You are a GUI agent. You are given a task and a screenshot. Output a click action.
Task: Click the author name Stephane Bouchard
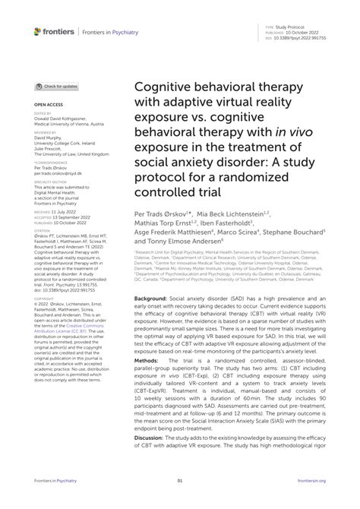coord(298,234)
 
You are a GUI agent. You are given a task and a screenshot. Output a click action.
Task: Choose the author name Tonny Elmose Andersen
coord(182,245)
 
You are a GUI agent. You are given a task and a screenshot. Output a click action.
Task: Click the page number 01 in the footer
coord(180,501)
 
